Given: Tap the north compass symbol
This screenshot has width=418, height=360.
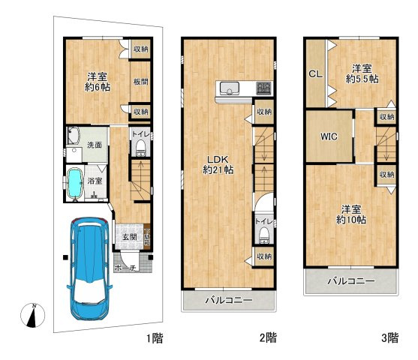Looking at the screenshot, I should tap(32, 316).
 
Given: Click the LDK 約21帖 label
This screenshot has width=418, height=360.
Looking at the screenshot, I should tap(218, 164).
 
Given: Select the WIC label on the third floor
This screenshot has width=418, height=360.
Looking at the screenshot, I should tap(328, 137).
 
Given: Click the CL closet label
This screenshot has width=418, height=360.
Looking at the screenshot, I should tap(314, 73).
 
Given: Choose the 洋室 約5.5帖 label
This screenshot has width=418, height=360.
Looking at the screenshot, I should tap(362, 72).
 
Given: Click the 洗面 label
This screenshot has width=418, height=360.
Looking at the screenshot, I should tap(94, 144).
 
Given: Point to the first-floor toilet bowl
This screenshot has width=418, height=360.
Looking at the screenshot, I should tap(140, 148).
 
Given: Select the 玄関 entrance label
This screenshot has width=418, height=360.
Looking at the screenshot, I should tap(128, 236).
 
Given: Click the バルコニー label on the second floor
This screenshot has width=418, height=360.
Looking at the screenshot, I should tap(227, 300).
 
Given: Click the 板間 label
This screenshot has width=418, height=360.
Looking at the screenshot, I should tap(140, 81).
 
